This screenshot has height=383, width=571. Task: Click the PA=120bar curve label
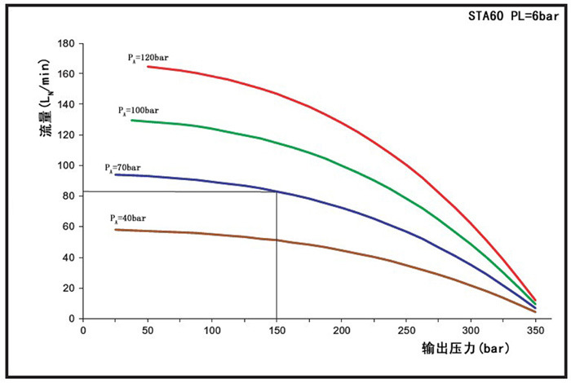click(x=148, y=58)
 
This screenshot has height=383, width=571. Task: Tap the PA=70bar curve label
click(x=122, y=168)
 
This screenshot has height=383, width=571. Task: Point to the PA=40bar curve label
click(x=128, y=218)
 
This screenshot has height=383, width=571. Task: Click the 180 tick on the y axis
click(x=68, y=43)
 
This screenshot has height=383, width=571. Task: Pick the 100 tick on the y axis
click(x=68, y=165)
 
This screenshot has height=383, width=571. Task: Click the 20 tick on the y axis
click(x=70, y=288)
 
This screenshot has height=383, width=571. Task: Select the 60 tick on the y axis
click(x=70, y=227)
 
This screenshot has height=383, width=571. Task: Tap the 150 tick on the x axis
click(x=277, y=331)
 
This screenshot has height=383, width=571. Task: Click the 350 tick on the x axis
click(x=535, y=331)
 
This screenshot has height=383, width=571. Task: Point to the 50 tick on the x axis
click(x=148, y=331)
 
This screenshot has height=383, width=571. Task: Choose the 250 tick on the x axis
click(x=406, y=331)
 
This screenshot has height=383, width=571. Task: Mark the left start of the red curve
click(x=148, y=66)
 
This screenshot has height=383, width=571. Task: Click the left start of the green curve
click(x=131, y=120)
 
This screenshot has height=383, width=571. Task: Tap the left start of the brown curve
click(x=115, y=230)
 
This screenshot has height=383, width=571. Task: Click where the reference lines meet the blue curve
click(x=277, y=191)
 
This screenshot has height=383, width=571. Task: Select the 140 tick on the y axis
click(x=68, y=104)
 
